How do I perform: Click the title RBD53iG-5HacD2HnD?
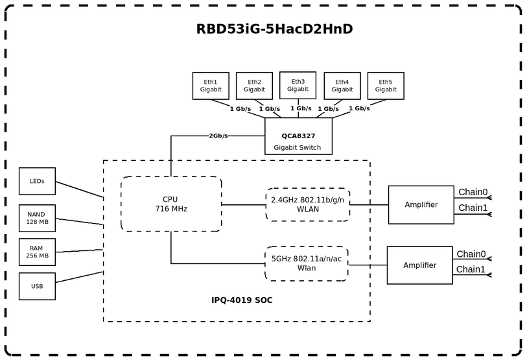(274, 29)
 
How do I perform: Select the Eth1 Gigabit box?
(211, 86)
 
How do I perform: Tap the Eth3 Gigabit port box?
(298, 85)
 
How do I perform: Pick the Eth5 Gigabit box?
(386, 86)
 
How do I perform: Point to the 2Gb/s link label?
(218, 136)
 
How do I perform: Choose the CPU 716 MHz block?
(171, 204)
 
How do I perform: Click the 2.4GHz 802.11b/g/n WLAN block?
(308, 204)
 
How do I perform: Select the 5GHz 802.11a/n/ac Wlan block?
(307, 263)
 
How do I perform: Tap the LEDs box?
(37, 182)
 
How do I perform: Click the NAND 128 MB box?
(37, 218)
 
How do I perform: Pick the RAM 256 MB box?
(37, 252)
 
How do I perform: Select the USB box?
(37, 286)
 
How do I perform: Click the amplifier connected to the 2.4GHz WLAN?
(421, 204)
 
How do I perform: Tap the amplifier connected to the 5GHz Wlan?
(419, 265)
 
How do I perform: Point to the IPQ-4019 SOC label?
(242, 300)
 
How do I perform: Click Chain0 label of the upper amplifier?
(473, 192)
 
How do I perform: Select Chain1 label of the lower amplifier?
(471, 269)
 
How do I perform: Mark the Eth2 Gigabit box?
(254, 86)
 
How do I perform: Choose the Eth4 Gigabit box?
(342, 86)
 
